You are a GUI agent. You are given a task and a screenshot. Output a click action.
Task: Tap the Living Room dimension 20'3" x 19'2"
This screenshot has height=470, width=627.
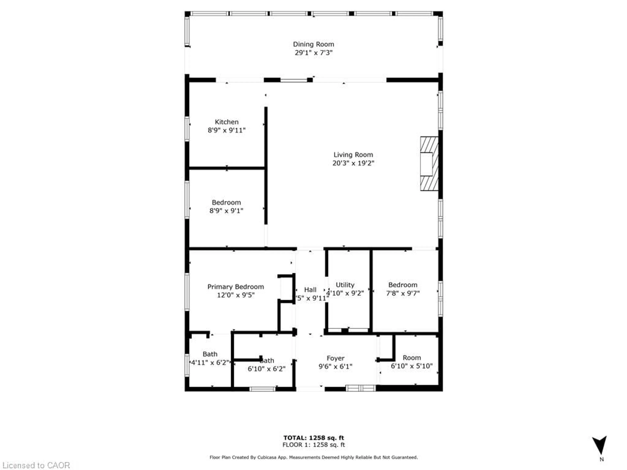click(x=353, y=163)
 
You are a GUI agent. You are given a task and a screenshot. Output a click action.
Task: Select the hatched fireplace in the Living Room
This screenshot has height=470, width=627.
click(x=429, y=164)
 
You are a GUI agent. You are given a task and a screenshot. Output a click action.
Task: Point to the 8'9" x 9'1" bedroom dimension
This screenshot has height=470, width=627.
click(x=226, y=211)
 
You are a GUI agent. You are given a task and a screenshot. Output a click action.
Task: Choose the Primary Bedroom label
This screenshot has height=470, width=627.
click(x=236, y=287)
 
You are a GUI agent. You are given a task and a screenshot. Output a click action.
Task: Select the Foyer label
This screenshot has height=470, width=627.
click(x=335, y=358)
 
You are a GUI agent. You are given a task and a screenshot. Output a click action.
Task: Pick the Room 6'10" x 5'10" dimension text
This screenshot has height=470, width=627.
click(x=412, y=366)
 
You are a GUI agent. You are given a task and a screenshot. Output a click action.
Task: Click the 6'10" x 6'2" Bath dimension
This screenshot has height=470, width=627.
click(x=266, y=369)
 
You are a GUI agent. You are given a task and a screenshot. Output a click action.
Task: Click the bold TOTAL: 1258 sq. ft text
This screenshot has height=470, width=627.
click(x=313, y=438)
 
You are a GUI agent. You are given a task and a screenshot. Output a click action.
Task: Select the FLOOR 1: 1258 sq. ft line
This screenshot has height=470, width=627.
click(x=313, y=445)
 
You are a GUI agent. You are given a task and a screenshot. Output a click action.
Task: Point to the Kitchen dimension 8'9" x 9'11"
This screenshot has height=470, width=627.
click(x=226, y=130)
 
